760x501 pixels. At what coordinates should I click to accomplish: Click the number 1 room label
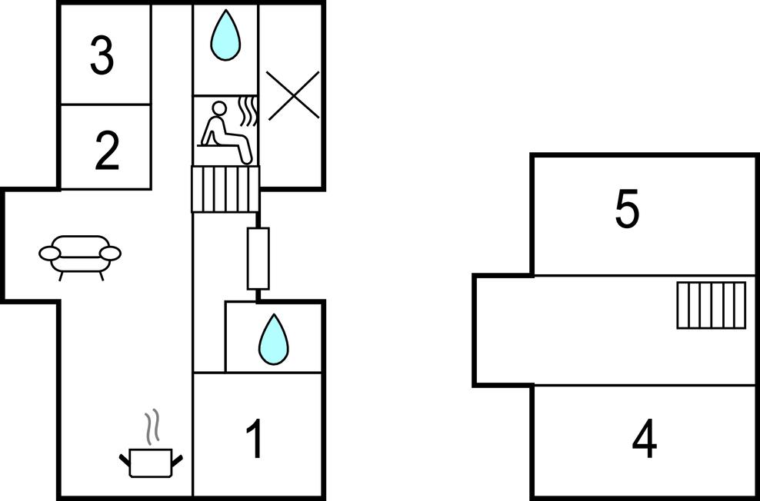(255, 439)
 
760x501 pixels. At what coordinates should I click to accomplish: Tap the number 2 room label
(107, 151)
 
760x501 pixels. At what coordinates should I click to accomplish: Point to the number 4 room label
(645, 440)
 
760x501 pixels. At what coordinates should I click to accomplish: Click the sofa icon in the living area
(80, 257)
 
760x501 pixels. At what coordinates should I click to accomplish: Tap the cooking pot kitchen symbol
(151, 463)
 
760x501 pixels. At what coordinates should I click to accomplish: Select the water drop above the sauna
(225, 35)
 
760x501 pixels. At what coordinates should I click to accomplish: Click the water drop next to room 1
(273, 339)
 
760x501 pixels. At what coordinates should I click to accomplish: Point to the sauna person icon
(226, 132)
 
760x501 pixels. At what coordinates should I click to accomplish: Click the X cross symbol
(293, 95)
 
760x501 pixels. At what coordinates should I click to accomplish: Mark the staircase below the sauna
(225, 189)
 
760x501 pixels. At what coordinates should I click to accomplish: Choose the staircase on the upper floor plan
(711, 305)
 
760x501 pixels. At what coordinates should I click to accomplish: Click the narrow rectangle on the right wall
(258, 258)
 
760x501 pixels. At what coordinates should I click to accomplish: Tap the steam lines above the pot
(152, 426)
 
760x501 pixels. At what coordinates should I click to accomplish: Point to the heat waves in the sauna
(248, 111)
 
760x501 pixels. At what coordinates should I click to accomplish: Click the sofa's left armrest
(49, 253)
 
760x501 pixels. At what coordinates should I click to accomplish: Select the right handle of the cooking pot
(178, 461)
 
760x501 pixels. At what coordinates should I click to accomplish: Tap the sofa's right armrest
(111, 253)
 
